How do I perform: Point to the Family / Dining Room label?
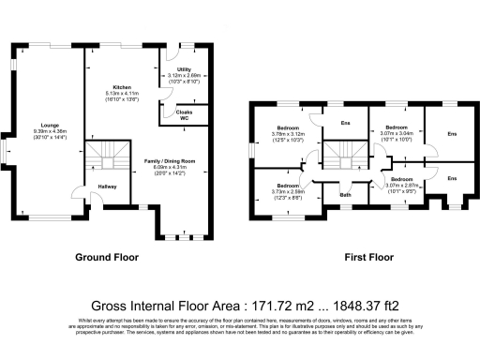169,161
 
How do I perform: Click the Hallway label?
108,187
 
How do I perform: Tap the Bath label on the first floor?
346,195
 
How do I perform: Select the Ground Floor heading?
107,256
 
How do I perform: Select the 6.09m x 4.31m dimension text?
169,167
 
